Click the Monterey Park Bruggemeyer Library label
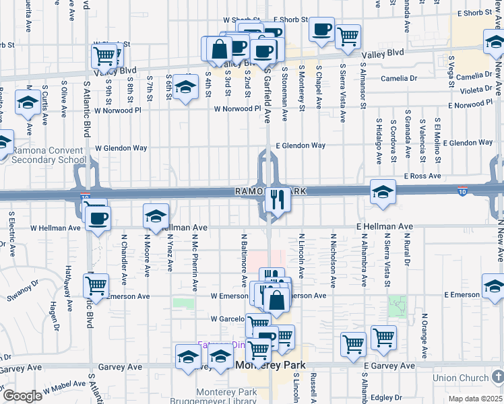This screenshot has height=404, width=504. tap(226, 397)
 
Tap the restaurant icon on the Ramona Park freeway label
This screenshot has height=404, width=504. tap(275, 198)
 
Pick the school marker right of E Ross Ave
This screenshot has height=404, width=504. tap(382, 191)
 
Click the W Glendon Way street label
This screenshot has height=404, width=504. tap(121, 147)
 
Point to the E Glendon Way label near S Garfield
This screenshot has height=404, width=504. tap(299, 145)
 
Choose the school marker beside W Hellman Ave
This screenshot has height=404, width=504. tap(156, 216)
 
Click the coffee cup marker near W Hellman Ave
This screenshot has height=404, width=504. tap(98, 218)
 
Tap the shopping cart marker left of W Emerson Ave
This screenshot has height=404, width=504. tap(96, 285)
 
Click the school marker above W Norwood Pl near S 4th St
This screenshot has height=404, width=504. tap(185, 87)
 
